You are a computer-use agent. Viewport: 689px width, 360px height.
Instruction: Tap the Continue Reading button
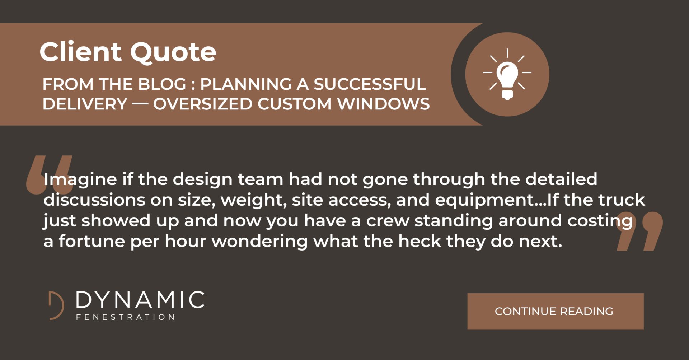click(x=555, y=311)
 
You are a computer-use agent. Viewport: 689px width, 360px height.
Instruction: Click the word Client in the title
click(x=81, y=52)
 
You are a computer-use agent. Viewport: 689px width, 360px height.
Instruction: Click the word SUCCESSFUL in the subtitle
click(x=370, y=84)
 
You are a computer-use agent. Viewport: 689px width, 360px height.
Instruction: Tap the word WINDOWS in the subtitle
click(x=383, y=104)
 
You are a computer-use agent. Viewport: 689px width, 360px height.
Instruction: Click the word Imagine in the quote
click(x=80, y=179)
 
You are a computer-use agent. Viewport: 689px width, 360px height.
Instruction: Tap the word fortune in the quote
click(x=92, y=241)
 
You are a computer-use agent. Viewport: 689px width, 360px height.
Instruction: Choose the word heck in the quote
click(x=420, y=241)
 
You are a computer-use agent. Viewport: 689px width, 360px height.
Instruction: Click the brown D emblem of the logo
click(x=56, y=305)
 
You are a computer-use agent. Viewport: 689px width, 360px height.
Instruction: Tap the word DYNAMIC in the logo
click(x=140, y=300)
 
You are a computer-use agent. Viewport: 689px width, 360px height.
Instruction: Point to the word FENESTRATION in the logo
click(x=125, y=317)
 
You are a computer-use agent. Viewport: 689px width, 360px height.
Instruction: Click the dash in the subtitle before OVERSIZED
click(x=140, y=104)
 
